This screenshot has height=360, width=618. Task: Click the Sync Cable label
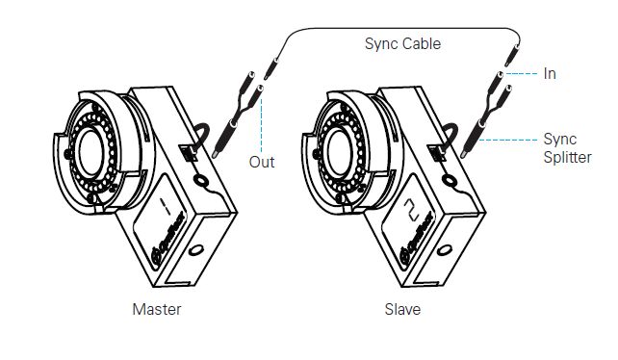pyautogui.click(x=402, y=43)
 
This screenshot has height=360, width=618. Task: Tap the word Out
pyautogui.click(x=262, y=162)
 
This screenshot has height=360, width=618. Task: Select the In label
pyautogui.click(x=550, y=74)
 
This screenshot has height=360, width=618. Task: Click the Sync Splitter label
pyautogui.click(x=567, y=148)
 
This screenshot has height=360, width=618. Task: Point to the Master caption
pyautogui.click(x=157, y=310)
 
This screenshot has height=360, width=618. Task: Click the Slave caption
pyautogui.click(x=402, y=310)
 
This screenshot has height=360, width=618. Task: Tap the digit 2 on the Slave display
pyautogui.click(x=412, y=209)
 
